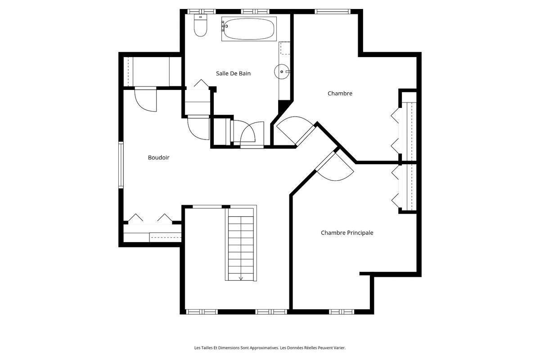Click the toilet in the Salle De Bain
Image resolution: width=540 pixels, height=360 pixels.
200,26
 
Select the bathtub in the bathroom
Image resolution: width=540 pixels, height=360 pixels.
248,29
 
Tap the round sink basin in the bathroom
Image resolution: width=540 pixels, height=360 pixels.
281,71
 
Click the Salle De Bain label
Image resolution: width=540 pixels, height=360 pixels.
233,73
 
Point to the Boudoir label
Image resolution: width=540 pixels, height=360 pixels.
158,157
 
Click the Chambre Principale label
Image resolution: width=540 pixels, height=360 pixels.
346,233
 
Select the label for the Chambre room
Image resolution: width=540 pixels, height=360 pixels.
340,94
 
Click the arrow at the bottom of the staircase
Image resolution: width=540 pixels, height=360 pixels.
241,277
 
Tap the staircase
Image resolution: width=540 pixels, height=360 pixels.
241,247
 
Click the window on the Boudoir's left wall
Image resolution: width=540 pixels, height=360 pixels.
121,164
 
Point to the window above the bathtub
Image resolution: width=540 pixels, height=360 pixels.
255,11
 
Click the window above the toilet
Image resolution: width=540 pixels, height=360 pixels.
201,11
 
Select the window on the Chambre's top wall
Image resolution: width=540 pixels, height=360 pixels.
332,11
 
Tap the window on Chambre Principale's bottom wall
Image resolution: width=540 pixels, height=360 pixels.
342,311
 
